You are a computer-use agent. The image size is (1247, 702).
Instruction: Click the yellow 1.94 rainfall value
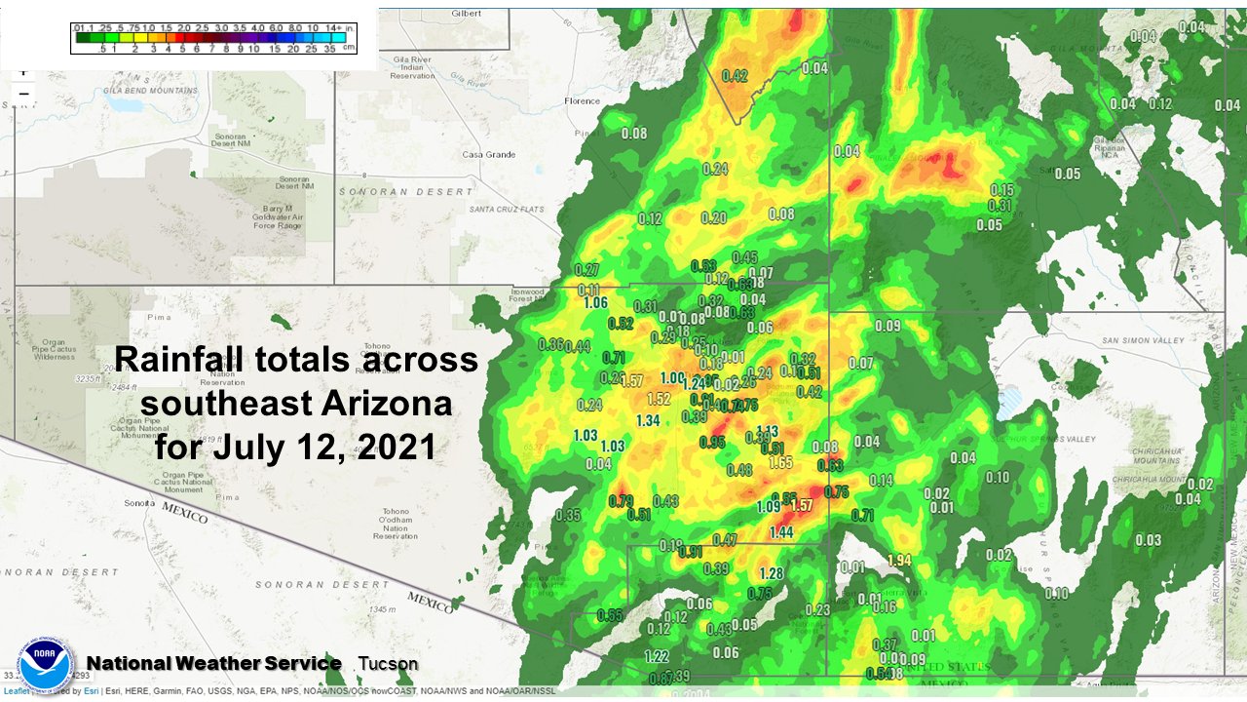(x=899, y=560)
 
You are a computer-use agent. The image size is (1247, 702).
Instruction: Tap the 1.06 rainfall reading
(x=595, y=302)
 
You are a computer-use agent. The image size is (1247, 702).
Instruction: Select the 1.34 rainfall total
(x=648, y=420)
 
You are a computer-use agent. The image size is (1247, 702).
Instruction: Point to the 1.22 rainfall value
(x=658, y=656)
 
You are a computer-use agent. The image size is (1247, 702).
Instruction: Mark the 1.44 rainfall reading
(x=780, y=531)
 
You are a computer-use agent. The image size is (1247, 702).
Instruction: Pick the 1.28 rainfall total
(x=772, y=573)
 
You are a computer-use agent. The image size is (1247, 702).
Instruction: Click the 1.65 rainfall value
(x=780, y=462)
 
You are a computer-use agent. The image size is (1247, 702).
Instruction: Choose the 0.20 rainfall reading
(x=714, y=217)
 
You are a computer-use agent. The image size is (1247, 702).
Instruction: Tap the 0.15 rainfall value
(x=1001, y=189)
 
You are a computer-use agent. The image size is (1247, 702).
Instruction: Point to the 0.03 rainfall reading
(x=1149, y=540)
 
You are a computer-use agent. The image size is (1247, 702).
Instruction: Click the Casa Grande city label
(x=487, y=155)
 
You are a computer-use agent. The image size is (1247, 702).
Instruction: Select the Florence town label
(x=583, y=100)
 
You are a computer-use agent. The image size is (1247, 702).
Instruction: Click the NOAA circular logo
(x=42, y=667)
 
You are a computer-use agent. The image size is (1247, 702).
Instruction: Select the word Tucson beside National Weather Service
(x=388, y=664)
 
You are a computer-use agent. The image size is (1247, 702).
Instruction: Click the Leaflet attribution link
(x=15, y=691)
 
